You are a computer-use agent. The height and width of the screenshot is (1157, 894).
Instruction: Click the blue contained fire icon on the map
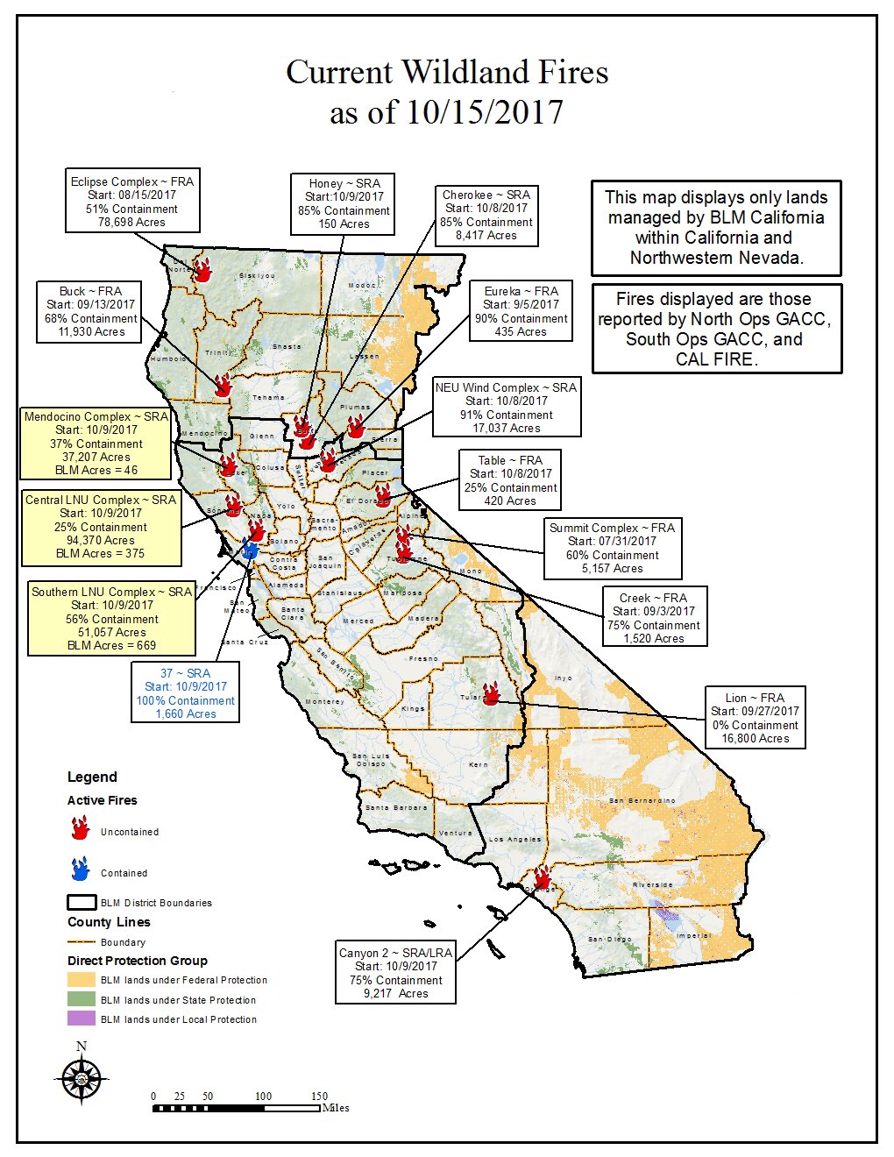251,550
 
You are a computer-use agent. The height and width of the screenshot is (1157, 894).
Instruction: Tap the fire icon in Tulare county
492,693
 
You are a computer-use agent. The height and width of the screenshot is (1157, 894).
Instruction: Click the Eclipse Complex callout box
131,202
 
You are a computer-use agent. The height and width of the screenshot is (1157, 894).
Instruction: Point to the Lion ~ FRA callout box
755,718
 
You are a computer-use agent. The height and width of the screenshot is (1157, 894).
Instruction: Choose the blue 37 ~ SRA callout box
185,693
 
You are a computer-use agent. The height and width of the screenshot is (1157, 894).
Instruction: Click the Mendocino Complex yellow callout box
96,444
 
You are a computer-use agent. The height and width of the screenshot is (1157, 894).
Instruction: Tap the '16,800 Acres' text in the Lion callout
755,739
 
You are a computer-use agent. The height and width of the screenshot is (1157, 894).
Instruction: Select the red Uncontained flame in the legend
81,828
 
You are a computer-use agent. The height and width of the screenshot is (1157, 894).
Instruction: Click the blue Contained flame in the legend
81,870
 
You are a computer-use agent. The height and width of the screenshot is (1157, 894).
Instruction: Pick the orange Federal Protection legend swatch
81,980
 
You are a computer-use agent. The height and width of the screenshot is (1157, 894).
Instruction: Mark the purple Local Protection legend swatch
81,1019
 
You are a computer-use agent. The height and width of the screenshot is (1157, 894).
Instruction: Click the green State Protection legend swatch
81,999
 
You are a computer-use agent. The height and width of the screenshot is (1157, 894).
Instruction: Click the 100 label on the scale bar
263,1097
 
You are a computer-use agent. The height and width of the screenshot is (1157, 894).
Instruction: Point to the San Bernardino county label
642,801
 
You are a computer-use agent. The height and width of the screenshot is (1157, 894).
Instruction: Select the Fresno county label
423,658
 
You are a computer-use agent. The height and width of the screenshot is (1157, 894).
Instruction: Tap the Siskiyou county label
257,276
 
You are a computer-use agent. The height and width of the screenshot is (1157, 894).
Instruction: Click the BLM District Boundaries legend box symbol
81,902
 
